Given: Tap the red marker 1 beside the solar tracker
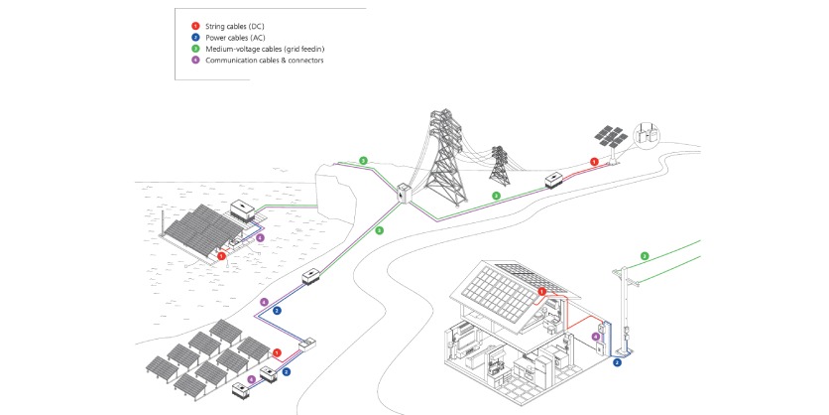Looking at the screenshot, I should click(594, 161).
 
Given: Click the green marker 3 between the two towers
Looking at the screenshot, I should click(496, 196).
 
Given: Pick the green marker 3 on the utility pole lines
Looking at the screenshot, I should click(645, 256).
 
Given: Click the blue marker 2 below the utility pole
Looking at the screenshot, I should click(617, 363).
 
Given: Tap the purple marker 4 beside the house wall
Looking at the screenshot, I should click(595, 337).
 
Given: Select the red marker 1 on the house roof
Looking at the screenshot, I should click(541, 291).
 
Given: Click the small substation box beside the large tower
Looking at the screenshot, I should click(405, 194).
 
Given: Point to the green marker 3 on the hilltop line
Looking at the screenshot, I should click(364, 160).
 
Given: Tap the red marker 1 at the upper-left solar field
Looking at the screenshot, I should click(221, 255).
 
